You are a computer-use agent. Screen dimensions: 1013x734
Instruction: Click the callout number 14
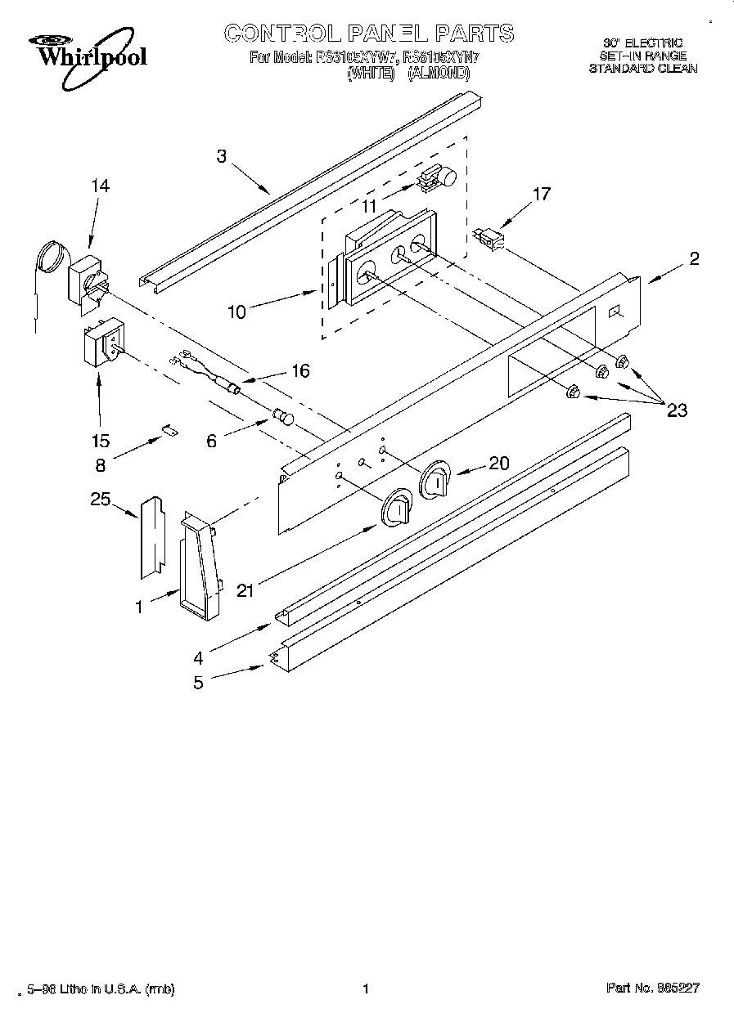tap(99, 186)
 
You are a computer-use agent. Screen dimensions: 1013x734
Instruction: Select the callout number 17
tap(541, 195)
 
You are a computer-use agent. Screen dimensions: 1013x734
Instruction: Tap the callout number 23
tap(677, 410)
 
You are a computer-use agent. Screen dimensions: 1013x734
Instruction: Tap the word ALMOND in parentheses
tap(439, 73)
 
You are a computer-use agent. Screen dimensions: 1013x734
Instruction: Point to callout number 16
tap(300, 371)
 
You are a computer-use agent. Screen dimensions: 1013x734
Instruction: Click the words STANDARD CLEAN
tap(643, 69)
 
